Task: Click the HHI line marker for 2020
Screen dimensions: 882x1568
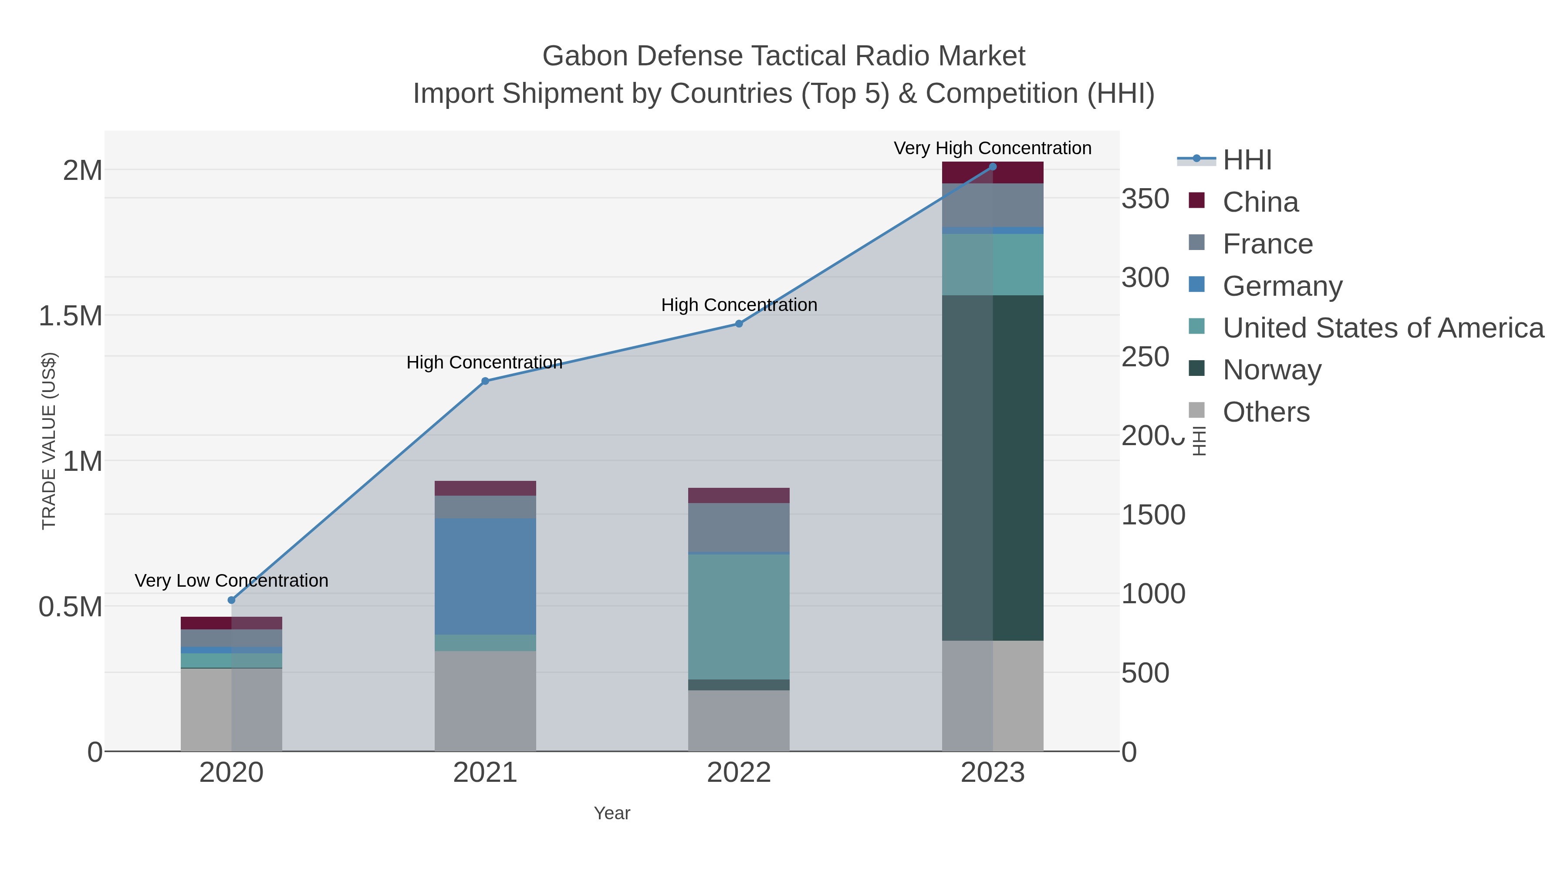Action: pyautogui.click(x=231, y=600)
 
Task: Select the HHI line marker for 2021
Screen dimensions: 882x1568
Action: pyautogui.click(x=485, y=381)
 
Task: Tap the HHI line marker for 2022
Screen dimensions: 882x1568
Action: pyautogui.click(x=739, y=324)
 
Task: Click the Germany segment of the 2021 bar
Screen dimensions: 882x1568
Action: pyautogui.click(x=485, y=576)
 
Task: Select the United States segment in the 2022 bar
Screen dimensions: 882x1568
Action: pyautogui.click(x=739, y=616)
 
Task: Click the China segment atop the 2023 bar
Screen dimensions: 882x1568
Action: pyautogui.click(x=993, y=173)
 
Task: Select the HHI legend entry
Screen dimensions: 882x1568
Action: pyautogui.click(x=1247, y=160)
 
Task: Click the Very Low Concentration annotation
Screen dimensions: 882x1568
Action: pyautogui.click(x=231, y=581)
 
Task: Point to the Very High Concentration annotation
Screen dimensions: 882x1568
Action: pyautogui.click(x=992, y=148)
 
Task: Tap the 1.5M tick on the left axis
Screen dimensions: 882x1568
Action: pyautogui.click(x=71, y=316)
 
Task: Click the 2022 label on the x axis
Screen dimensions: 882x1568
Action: pyautogui.click(x=739, y=773)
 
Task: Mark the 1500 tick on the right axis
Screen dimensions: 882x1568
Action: pyautogui.click(x=1153, y=515)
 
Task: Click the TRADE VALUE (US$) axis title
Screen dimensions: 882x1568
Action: pyautogui.click(x=49, y=441)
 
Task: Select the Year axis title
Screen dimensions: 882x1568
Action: pyautogui.click(x=612, y=813)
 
